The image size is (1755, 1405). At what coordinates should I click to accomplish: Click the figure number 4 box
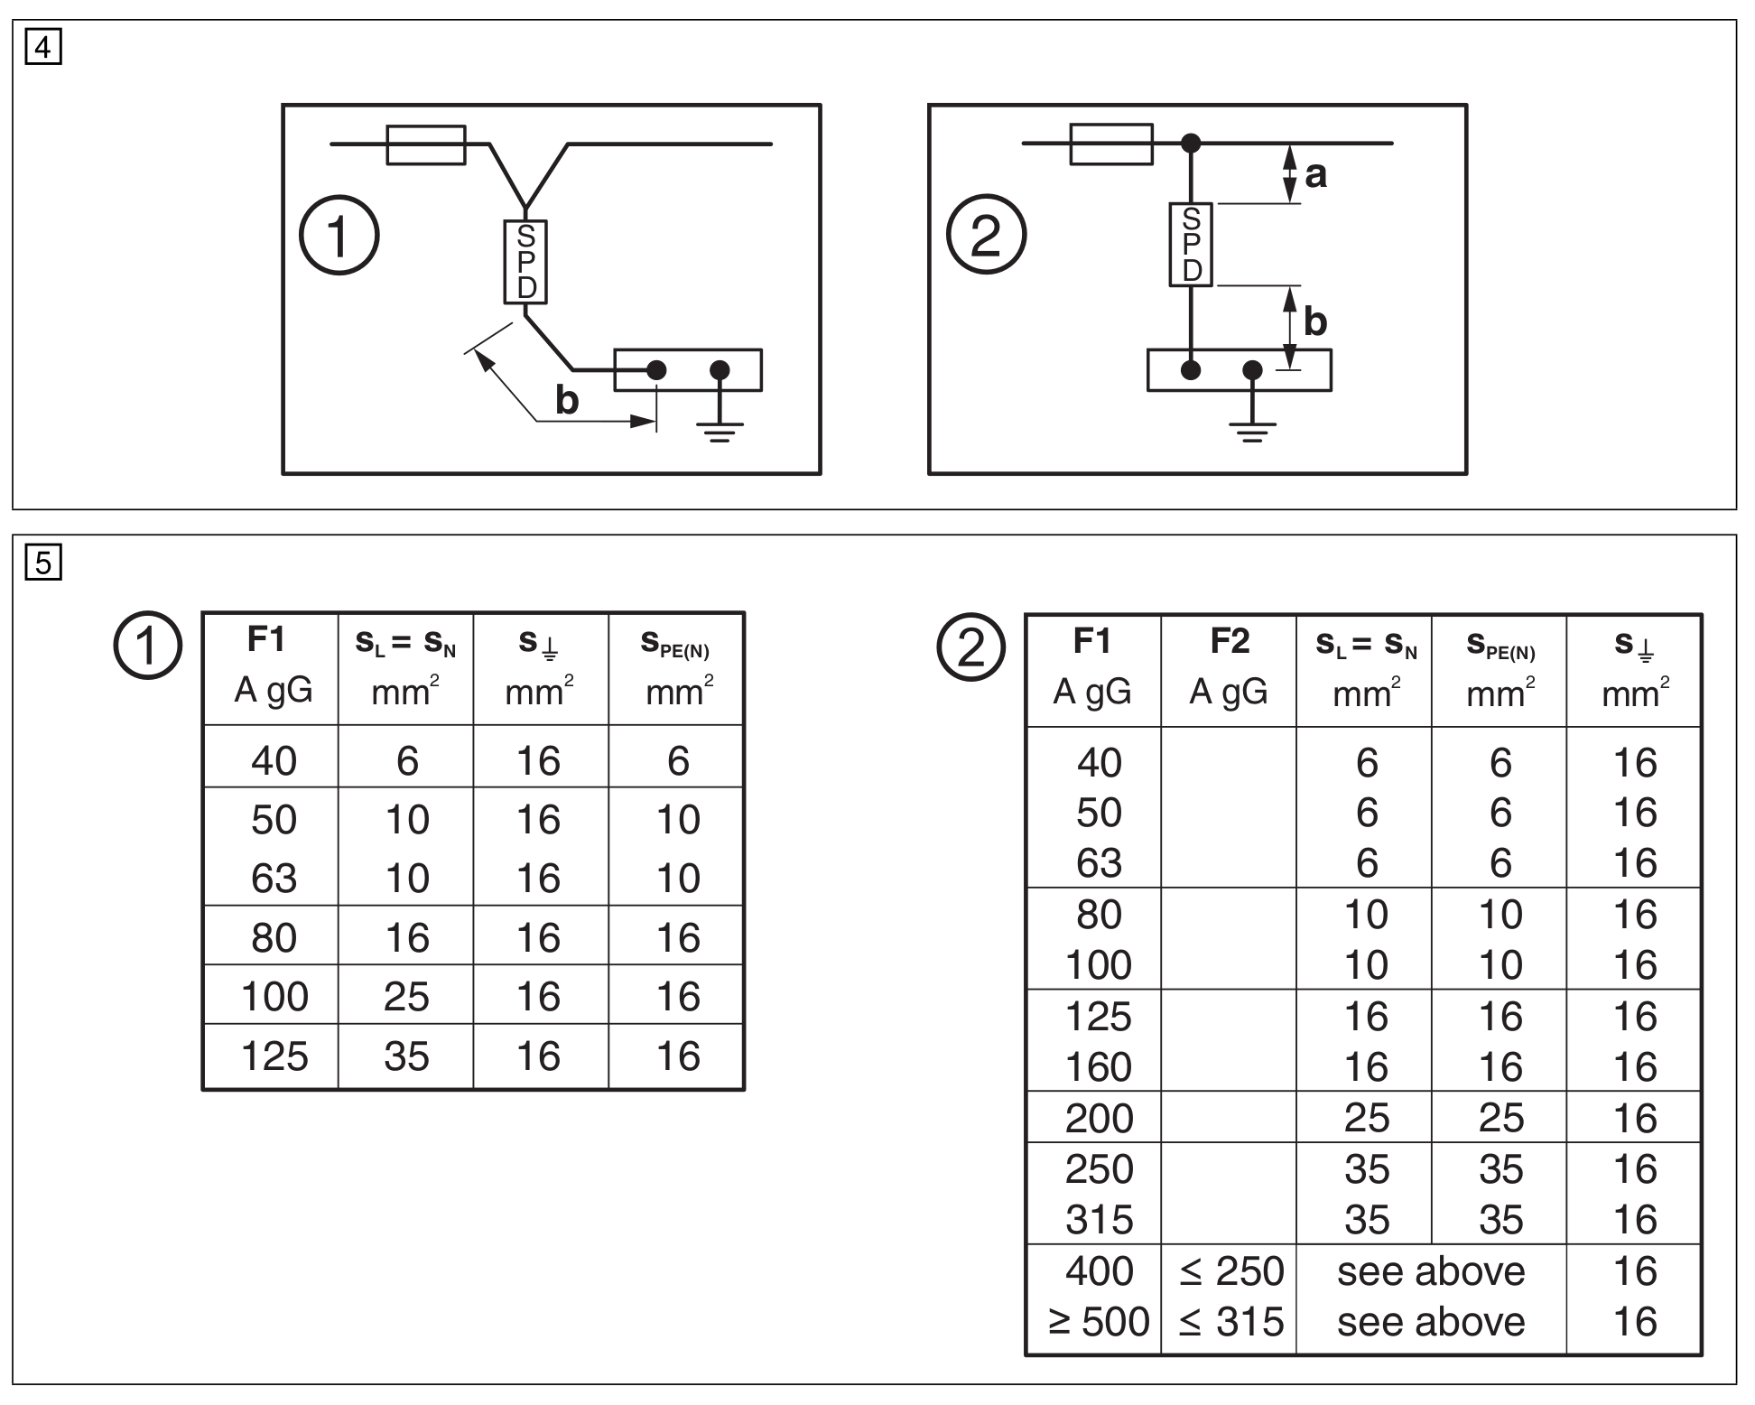coord(42,47)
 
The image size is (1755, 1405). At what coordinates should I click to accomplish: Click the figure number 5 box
coord(42,563)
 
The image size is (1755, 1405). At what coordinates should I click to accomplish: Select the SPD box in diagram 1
coord(525,262)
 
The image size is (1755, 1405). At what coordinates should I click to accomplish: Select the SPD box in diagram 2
coord(1191,245)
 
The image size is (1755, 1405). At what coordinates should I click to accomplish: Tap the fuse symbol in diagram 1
coord(426,144)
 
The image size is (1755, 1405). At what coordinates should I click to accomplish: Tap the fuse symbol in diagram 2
coord(1111,144)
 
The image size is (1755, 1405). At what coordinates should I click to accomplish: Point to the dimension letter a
coord(1315,174)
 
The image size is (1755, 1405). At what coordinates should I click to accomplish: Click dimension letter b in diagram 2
coord(1315,322)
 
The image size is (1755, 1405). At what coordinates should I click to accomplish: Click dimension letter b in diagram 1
coord(566,400)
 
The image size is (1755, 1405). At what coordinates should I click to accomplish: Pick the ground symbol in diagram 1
coord(720,431)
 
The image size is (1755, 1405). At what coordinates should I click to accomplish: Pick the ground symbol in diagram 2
coord(1252,431)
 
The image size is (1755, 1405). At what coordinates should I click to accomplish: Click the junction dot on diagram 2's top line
coord(1192,143)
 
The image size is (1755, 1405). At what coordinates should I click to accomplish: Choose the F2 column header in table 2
coord(1229,641)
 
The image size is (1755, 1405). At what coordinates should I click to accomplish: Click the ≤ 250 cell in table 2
coord(1230,1271)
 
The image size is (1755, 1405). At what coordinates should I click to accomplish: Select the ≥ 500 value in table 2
coord(1098,1322)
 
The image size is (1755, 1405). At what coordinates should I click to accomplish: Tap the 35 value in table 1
coord(406,1056)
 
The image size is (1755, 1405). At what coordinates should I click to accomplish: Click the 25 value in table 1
coord(406,997)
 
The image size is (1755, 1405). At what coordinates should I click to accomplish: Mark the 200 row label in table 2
coord(1098,1119)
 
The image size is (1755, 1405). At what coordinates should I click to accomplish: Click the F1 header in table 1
coord(267,639)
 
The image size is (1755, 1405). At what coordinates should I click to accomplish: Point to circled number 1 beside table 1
coord(147,646)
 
